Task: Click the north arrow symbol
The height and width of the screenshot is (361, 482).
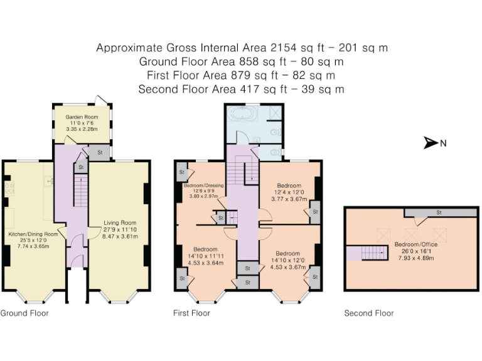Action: coord(431,143)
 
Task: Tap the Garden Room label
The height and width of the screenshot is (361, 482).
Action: coord(82,117)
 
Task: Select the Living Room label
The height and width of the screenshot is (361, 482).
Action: coord(120,223)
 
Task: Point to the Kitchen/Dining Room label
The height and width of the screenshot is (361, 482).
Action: coord(33,234)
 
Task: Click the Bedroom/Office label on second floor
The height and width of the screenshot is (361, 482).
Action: coord(416,244)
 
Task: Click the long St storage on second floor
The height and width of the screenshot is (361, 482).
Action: coord(440,212)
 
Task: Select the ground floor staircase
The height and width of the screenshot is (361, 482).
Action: coord(81,192)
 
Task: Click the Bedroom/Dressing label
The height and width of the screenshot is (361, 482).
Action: coord(203,186)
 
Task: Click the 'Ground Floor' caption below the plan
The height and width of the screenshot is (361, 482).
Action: coord(24,313)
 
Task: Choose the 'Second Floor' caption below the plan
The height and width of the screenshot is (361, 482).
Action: coord(369,313)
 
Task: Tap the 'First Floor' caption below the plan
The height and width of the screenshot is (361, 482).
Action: coord(191,313)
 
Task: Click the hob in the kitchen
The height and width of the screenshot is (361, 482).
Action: coord(9,188)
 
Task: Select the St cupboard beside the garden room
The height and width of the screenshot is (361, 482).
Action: coord(99,152)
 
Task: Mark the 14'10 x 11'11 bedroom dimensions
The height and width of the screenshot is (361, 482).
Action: coord(206,256)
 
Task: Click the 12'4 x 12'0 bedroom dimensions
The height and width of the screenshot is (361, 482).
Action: coord(289,192)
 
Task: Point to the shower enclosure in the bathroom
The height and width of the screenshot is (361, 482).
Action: coord(276,112)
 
